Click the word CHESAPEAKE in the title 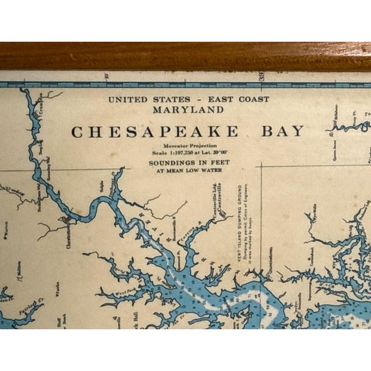click(x=154, y=132)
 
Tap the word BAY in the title click(x=282, y=131)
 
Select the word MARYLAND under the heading click(x=188, y=109)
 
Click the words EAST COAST click(x=239, y=99)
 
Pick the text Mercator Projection click(x=188, y=147)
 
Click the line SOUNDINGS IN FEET click(x=188, y=163)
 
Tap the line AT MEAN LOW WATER click(x=188, y=170)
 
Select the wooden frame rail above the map click(x=185, y=56)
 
